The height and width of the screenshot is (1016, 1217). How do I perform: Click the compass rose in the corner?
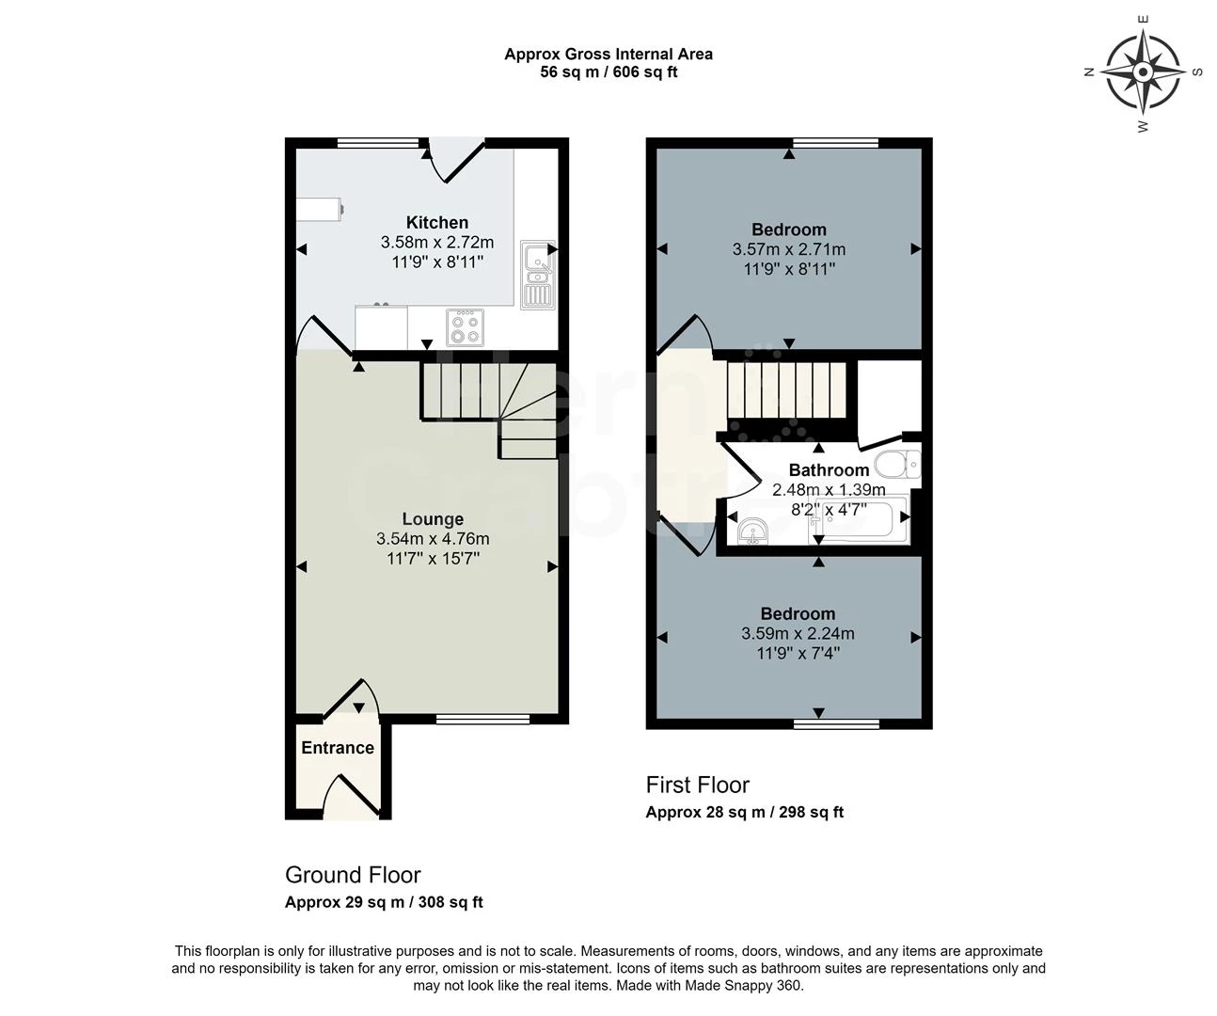coord(1142,71)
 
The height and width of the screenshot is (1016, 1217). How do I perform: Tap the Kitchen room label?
coord(436,223)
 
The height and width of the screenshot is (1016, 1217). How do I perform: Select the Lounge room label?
coord(433,519)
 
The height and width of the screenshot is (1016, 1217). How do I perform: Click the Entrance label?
coord(338,748)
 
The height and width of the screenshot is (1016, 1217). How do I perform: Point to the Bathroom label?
coord(829,470)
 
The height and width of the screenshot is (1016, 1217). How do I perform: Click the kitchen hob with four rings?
coord(465,327)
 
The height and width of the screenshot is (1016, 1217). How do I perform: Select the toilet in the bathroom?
coord(896,464)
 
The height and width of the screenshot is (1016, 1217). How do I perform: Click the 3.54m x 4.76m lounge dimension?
coord(433,539)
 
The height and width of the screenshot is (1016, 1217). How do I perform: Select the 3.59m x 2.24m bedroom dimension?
coord(798,634)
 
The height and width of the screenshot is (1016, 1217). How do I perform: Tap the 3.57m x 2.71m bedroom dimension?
coord(788,250)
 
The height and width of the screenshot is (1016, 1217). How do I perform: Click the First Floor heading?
coord(697,786)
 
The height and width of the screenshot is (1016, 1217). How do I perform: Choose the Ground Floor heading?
coord(353,875)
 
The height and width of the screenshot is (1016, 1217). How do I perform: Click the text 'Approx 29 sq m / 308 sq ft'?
coord(384,902)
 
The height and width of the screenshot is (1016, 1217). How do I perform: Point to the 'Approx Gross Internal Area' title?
coord(608,55)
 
